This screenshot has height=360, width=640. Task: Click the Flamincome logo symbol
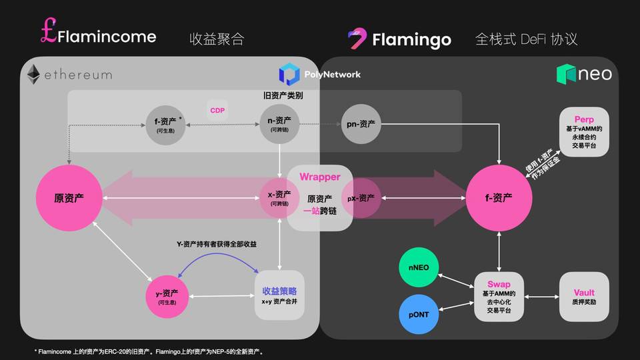tap(48, 34)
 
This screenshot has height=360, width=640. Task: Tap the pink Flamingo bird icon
tap(358, 39)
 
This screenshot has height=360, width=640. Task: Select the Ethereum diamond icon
tap(33, 75)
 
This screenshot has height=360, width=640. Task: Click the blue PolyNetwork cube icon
tap(289, 74)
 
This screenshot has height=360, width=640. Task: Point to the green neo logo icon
tap(566, 73)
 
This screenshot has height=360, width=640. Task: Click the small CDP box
tap(217, 111)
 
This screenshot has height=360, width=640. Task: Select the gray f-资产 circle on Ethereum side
tap(165, 125)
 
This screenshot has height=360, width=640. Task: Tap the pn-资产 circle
tap(361, 125)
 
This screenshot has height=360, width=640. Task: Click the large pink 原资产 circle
tap(69, 198)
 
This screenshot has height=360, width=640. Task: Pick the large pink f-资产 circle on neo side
tap(499, 198)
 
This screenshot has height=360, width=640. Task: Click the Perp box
tap(583, 131)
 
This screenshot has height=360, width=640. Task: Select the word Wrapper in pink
tap(319, 177)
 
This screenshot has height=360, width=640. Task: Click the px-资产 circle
tap(361, 198)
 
